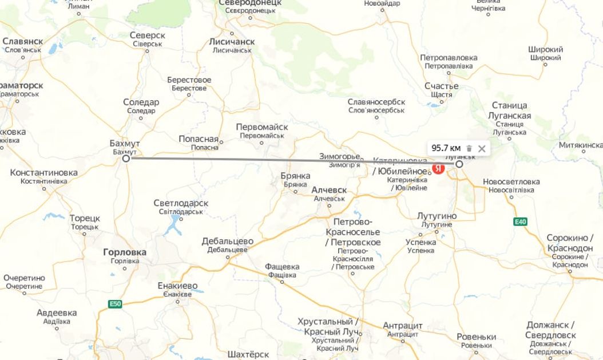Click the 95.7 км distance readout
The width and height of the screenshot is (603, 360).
[x=446, y=149]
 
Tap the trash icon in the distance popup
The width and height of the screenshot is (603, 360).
[x=469, y=149]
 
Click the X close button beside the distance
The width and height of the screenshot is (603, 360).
[x=482, y=149]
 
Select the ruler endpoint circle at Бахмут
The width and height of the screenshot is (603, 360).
[x=126, y=158]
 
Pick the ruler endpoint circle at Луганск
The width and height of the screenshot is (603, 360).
[x=459, y=164]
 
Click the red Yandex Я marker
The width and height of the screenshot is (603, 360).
[x=439, y=169]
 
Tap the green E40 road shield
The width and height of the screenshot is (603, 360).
[x=520, y=222]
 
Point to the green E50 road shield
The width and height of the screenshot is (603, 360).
[x=116, y=304]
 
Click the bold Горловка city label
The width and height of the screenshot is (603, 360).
[x=125, y=252]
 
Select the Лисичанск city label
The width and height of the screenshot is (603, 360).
[x=232, y=42]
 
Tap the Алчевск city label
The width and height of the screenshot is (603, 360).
[x=329, y=189]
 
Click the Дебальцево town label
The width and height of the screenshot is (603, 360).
[x=227, y=242]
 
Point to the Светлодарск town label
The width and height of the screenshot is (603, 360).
[x=181, y=203]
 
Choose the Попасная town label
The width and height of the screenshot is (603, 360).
[x=199, y=139]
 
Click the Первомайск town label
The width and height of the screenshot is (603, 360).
[x=262, y=127]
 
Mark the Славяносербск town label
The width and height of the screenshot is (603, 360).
[x=376, y=102]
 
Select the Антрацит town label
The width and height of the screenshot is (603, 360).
[x=403, y=326]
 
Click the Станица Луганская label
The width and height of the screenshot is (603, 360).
[x=510, y=110]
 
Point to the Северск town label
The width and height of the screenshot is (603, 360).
[x=148, y=35]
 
